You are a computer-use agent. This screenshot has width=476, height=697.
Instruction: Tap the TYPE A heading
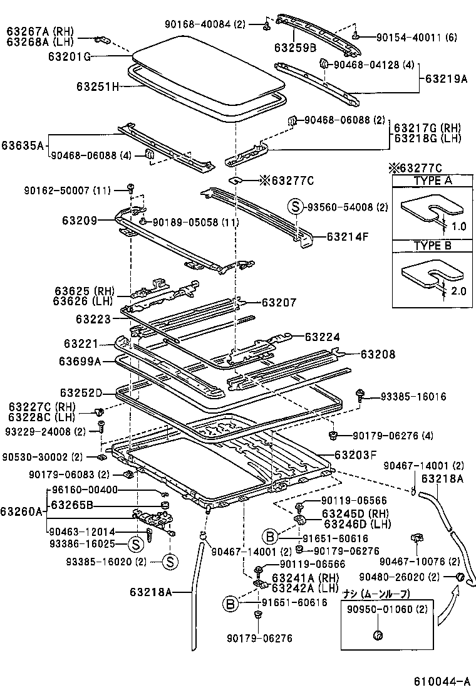click(432, 181)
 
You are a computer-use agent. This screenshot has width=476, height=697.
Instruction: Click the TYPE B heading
click(432, 246)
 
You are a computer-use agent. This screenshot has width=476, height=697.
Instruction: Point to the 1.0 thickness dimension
click(459, 226)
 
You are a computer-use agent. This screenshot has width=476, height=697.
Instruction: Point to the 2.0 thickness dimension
click(459, 291)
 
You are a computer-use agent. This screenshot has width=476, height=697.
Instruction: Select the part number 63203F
click(355, 456)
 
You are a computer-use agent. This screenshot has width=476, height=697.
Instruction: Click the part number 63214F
click(348, 237)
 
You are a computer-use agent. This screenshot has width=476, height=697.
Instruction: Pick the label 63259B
click(294, 48)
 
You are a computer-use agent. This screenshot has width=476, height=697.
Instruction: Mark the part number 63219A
click(446, 79)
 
